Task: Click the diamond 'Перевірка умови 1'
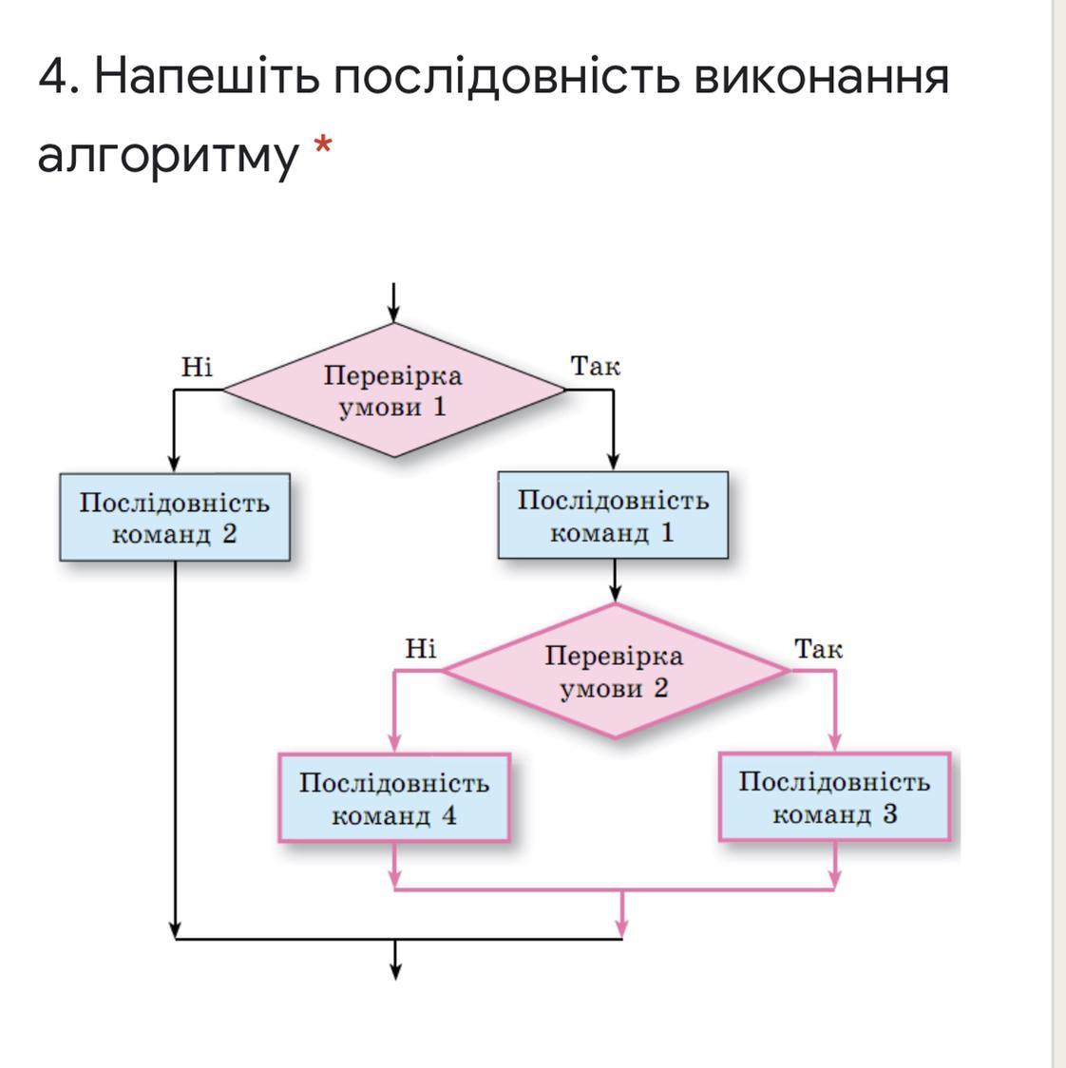point(393,391)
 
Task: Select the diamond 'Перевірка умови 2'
point(616,671)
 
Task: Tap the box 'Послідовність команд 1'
point(613,515)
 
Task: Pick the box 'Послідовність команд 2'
point(174,518)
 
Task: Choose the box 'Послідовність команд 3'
point(834,797)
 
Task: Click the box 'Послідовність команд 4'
point(394,798)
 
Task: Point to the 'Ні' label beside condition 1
point(197,367)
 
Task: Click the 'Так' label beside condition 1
point(596,366)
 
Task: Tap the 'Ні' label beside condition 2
point(420,649)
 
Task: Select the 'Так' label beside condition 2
point(818,649)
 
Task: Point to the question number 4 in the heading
point(56,76)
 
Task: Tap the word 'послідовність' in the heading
point(506,76)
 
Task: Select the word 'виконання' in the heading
point(821,76)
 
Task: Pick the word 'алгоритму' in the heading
point(167,155)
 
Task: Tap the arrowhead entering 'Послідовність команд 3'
point(836,743)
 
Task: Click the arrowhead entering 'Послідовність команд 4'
point(394,744)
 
